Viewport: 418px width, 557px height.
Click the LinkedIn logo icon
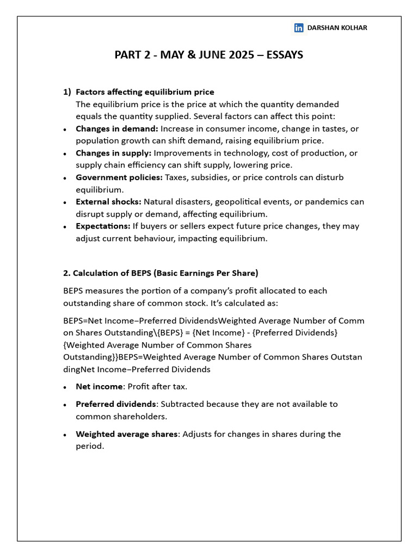point(299,28)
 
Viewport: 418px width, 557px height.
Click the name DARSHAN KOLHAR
point(337,28)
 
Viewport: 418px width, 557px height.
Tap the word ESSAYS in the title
point(285,55)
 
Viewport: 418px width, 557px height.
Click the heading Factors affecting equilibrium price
point(145,92)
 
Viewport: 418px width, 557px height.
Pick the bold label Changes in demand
point(117,128)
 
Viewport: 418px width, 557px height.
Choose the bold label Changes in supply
point(113,153)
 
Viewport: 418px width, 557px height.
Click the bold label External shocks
point(108,202)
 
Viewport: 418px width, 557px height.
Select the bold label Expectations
point(103,226)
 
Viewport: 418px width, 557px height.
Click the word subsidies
point(207,177)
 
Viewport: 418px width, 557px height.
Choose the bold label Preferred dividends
point(115,404)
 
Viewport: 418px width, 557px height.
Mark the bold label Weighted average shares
point(126,434)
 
